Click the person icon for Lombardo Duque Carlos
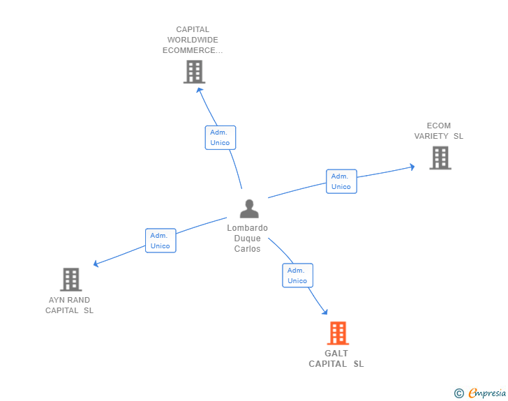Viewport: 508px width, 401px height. click(249, 209)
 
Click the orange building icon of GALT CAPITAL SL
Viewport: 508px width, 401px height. click(338, 333)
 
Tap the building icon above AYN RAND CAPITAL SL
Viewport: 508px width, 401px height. click(70, 280)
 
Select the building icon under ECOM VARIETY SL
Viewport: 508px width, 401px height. click(440, 158)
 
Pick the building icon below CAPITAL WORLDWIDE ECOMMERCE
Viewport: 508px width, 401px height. click(194, 71)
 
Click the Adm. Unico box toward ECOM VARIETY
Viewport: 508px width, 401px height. click(341, 181)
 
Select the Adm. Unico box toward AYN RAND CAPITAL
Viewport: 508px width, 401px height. click(160, 241)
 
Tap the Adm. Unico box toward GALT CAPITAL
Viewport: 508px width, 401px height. click(297, 275)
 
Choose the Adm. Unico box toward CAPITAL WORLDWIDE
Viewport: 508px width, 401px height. click(221, 137)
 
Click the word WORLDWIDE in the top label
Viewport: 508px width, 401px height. click(193, 40)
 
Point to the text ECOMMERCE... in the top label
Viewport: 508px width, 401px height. click(193, 50)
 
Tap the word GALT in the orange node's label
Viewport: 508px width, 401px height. click(336, 354)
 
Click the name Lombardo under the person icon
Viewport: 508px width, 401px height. click(247, 228)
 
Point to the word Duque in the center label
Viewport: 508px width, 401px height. click(247, 239)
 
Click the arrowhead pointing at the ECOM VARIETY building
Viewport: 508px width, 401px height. click(412, 167)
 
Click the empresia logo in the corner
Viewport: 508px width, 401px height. click(486, 393)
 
